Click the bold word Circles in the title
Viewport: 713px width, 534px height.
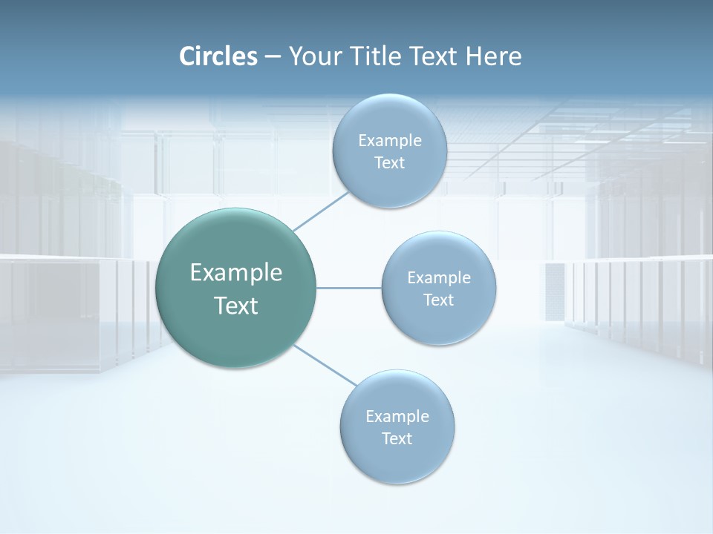coord(218,56)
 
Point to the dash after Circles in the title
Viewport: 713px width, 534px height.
coord(273,57)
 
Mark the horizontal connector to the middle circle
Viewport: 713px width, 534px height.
coord(349,288)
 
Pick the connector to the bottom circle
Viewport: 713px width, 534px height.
coord(325,366)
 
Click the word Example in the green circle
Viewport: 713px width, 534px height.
coord(236,273)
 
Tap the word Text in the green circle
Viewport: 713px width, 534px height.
coord(236,306)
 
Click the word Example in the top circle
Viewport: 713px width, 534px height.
coord(390,141)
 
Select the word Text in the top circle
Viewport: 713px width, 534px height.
coord(389,163)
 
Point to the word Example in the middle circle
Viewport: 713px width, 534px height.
coord(439,278)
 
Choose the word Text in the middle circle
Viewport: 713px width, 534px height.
coord(438,300)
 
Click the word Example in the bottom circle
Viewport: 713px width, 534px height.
coord(397,417)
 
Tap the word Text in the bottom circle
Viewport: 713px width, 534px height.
coord(397,439)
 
